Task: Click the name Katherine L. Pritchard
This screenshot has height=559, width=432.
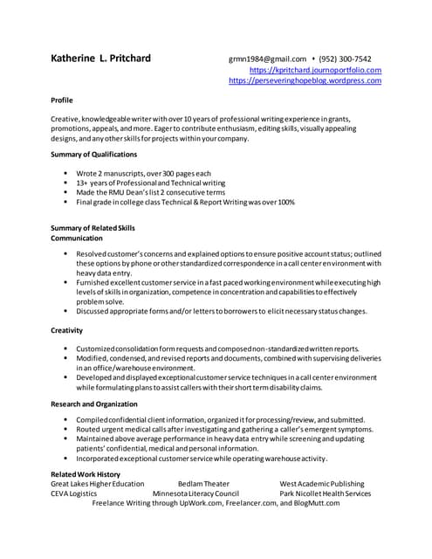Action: click(x=100, y=59)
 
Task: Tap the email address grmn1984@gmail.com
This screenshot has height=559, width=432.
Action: click(x=267, y=59)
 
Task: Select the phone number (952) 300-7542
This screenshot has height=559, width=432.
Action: click(x=350, y=59)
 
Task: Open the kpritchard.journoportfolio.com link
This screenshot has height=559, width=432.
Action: click(x=315, y=70)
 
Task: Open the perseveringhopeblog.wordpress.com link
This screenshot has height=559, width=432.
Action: click(x=305, y=80)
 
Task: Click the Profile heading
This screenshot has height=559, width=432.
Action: click(x=62, y=100)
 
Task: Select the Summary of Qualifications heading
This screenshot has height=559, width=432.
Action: click(x=93, y=155)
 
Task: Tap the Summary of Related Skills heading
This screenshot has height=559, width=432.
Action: click(x=93, y=228)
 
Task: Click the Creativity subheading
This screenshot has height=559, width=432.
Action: click(x=67, y=330)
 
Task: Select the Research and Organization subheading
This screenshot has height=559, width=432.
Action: click(x=94, y=404)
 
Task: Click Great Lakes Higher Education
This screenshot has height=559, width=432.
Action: click(x=98, y=484)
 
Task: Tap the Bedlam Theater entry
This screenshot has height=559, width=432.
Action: click(x=203, y=484)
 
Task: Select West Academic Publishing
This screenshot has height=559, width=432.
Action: click(x=322, y=484)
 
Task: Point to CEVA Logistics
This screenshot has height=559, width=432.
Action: click(x=73, y=493)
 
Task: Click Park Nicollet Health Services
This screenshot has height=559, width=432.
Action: click(x=326, y=493)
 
